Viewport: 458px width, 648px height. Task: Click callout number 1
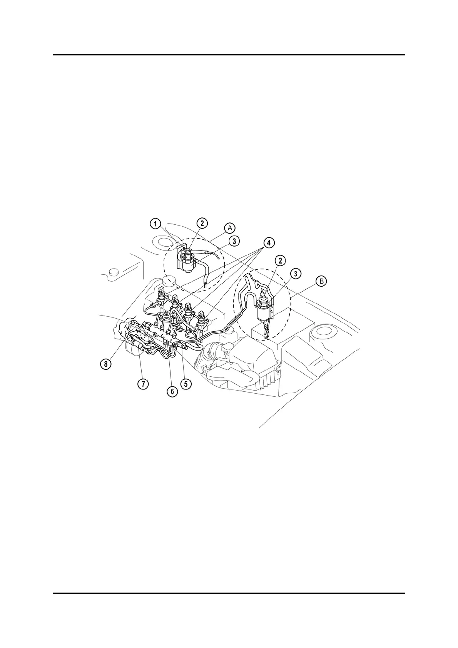click(x=155, y=224)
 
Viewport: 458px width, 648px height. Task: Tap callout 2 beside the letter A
click(x=202, y=223)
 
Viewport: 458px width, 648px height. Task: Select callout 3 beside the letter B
click(x=296, y=274)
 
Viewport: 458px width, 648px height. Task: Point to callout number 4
click(x=269, y=242)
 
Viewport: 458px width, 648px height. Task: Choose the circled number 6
click(x=172, y=391)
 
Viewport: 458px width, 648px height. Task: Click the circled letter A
click(x=230, y=228)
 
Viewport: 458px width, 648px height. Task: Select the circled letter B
click(x=321, y=282)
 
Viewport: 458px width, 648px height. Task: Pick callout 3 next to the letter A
click(x=234, y=241)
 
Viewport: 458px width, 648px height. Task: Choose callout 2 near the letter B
click(x=280, y=261)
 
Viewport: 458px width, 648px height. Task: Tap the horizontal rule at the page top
click(x=229, y=55)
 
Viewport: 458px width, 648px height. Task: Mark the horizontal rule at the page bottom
click(x=229, y=593)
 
